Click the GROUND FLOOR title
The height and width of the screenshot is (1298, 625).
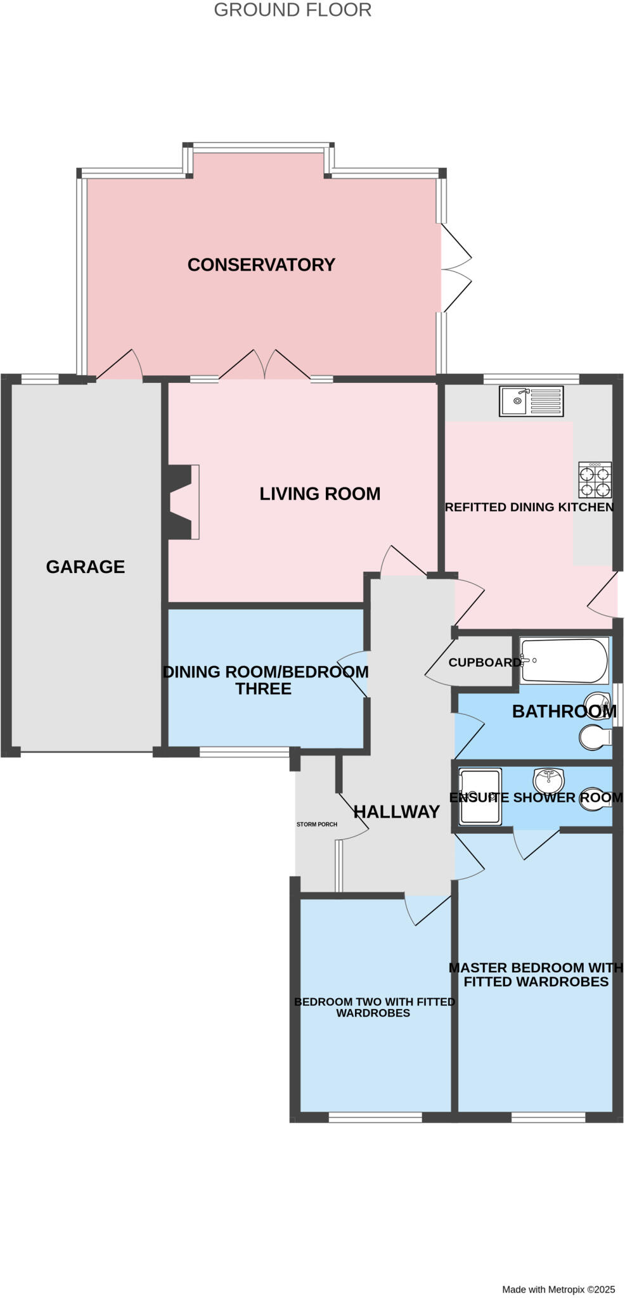(292, 10)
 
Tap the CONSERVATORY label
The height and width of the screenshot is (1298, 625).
(261, 265)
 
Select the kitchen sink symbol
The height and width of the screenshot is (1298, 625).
(531, 401)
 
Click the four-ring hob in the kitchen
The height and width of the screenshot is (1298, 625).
(595, 480)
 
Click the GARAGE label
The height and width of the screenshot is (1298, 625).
(86, 567)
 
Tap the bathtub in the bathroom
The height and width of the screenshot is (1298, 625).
(564, 660)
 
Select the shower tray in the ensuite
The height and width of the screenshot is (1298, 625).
(480, 797)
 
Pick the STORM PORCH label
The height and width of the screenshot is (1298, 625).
(317, 825)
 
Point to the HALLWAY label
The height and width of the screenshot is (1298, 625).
(396, 812)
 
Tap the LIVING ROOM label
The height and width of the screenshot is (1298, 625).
(319, 494)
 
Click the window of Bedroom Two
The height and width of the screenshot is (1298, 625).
(375, 1118)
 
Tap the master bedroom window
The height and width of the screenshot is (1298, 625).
(548, 1118)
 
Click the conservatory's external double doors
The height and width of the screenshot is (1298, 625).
(455, 267)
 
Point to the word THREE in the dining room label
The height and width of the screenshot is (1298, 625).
(264, 689)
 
